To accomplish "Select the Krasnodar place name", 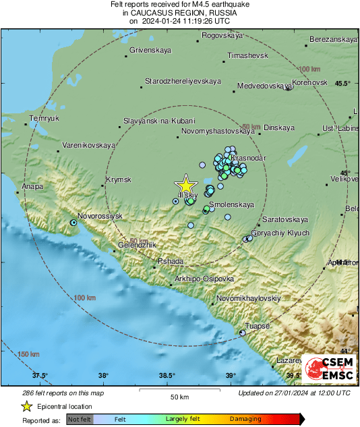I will coord(249,158).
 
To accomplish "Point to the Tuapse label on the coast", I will coord(257,326).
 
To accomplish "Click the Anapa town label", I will coord(32,186).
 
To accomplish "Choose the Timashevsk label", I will coord(248,55).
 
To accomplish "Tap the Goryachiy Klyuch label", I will coord(280,233).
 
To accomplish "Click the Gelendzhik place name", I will coord(140,244).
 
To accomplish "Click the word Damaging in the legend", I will coord(245,420).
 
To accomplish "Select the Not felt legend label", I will coord(80,420).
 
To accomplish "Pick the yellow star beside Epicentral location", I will coord(26,407).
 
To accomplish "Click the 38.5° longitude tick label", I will coord(167,376).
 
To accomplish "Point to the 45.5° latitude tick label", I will coord(343,84).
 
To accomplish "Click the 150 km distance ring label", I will coord(29,355).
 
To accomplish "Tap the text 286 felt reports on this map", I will coord(54,393).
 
